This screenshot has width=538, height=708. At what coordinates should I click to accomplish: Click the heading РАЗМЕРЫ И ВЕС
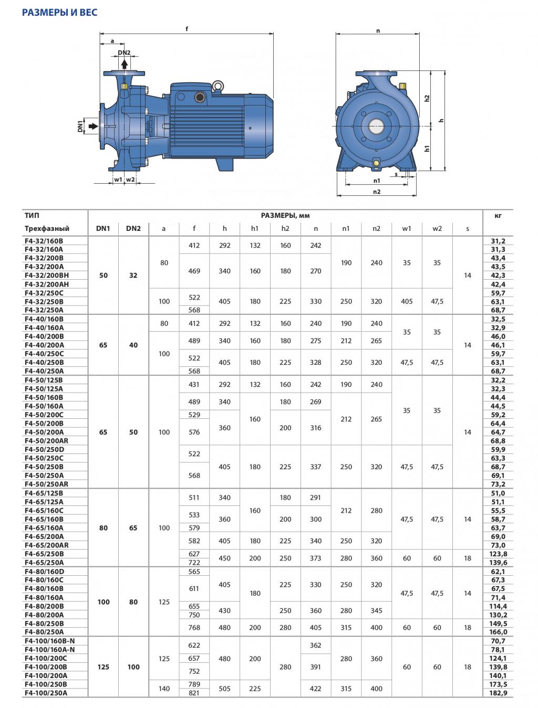click(59, 12)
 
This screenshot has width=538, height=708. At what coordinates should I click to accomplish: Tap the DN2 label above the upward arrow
click(124, 52)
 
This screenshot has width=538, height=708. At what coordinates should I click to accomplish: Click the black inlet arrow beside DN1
click(94, 126)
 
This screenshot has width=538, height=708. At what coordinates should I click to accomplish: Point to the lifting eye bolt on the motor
click(218, 86)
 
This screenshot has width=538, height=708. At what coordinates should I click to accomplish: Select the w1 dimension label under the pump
click(118, 179)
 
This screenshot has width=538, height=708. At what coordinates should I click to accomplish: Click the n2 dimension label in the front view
click(377, 192)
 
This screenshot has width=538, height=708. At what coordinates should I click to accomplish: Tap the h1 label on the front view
click(427, 149)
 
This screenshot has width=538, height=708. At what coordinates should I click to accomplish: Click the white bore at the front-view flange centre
click(376, 126)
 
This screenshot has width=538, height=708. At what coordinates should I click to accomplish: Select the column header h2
click(285, 228)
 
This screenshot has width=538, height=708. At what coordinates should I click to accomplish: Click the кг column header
click(498, 216)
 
